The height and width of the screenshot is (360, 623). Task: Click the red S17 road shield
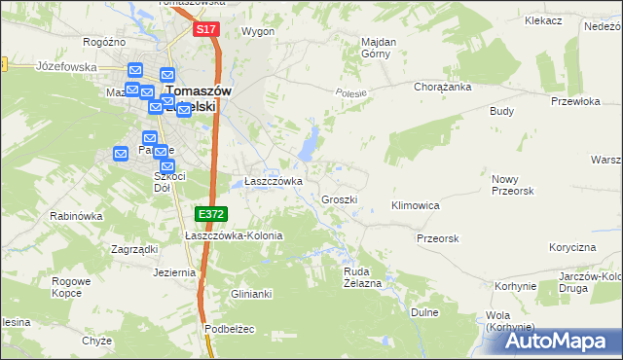click(204, 30)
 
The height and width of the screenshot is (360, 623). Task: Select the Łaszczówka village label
click(274, 181)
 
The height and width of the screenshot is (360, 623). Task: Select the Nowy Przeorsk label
click(516, 185)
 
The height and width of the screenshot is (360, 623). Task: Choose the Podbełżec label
click(230, 329)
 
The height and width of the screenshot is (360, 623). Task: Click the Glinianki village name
click(250, 294)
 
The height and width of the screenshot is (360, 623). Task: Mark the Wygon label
click(258, 31)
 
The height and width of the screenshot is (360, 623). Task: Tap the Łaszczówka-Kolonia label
click(235, 235)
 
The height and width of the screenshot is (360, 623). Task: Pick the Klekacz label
click(543, 19)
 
